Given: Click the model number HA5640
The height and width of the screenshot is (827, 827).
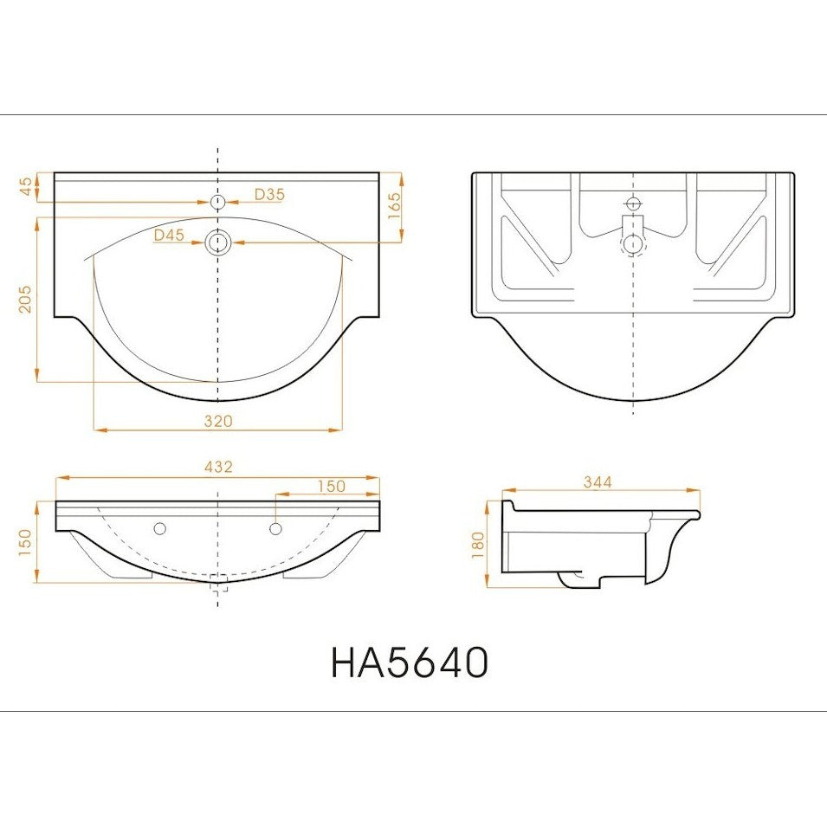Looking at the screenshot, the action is [x=410, y=662].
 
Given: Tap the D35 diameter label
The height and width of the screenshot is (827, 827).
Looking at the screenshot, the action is [x=269, y=195].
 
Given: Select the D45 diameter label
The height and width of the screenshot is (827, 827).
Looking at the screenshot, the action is [x=170, y=236].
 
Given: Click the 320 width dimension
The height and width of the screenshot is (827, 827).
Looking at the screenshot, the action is [x=218, y=421].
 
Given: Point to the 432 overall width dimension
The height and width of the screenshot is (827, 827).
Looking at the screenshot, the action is [x=218, y=467].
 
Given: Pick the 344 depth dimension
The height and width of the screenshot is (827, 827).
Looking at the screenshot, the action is [x=598, y=482].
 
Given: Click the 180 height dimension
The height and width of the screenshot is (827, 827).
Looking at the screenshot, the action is [x=478, y=546].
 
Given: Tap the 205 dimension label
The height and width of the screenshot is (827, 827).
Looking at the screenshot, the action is [x=25, y=299].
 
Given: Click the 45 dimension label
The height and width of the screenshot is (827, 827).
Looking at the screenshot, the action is [x=26, y=186].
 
